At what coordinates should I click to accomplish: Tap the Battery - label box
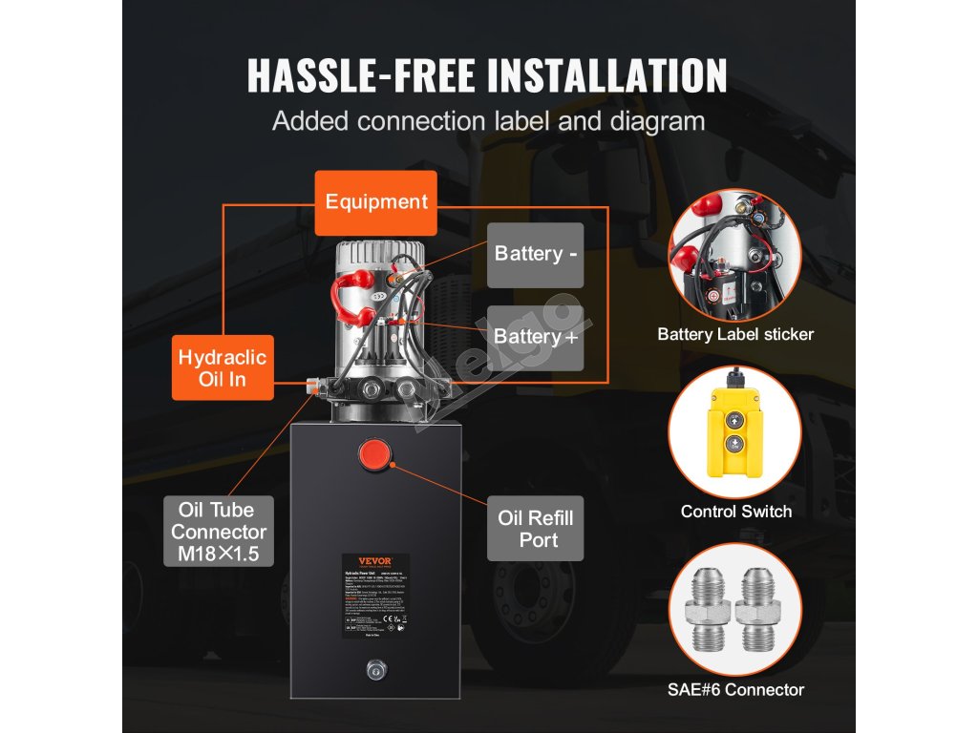535,254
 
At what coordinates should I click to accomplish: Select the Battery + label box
535,337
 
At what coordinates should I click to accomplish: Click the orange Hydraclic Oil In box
223,367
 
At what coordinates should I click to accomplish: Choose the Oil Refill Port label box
536,529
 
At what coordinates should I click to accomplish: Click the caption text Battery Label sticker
735,334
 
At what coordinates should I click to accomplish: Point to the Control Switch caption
735,512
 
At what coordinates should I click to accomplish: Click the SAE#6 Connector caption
735,689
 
